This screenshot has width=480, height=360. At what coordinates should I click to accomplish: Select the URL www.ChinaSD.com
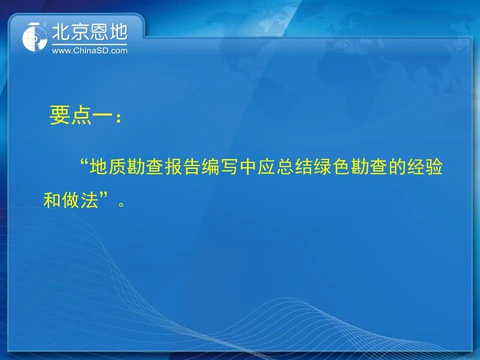[89, 50]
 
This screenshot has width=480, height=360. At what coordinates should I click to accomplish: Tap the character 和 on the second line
[52, 200]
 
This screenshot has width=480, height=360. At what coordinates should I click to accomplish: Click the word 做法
[80, 200]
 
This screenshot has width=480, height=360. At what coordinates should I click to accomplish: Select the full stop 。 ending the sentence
[121, 204]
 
